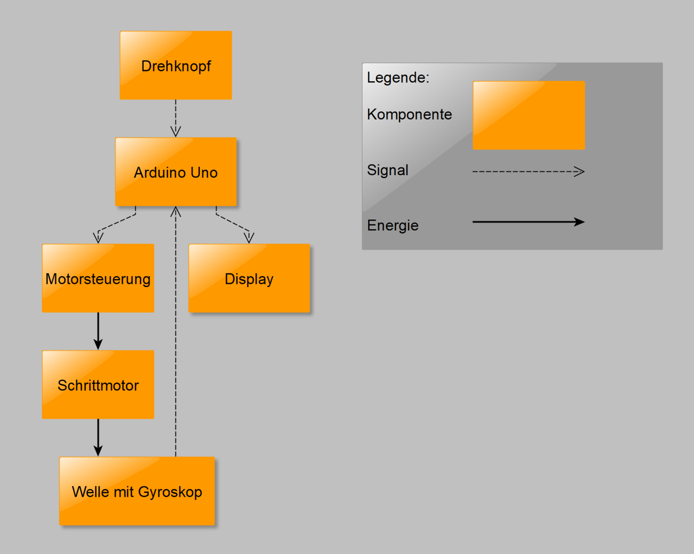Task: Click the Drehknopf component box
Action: pos(176,66)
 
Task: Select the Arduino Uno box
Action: pos(176,172)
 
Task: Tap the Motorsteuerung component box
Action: pos(98,278)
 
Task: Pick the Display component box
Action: pos(249,278)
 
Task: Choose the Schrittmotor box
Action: pos(98,385)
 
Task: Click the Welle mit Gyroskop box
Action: pos(137,491)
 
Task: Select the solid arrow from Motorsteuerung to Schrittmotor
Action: pos(98,331)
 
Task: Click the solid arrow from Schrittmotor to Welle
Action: pos(98,437)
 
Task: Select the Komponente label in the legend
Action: pos(409,114)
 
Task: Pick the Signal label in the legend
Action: pos(388,170)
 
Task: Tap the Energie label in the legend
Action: pos(393,226)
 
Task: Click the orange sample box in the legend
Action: pos(529,115)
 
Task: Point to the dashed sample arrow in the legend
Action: pos(528,172)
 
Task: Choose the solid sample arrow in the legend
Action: pos(528,222)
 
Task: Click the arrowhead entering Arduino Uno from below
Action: pos(176,212)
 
